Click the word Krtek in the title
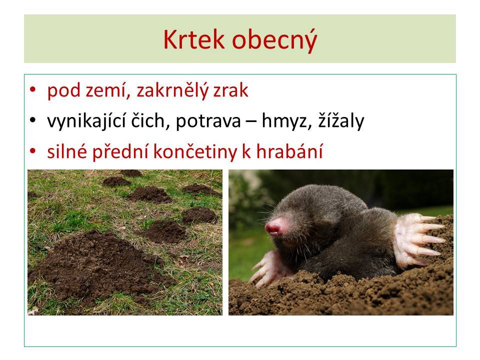pos(194,39)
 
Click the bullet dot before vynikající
pos(33,120)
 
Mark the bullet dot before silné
pos(33,151)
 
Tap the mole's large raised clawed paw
pos(418,239)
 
